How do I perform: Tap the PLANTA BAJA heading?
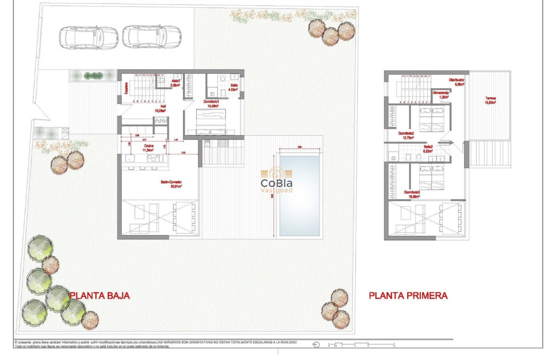tap(99, 295)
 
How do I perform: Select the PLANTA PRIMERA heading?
tap(408, 295)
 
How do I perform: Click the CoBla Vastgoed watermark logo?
tap(276, 180)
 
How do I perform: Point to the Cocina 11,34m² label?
tap(149, 148)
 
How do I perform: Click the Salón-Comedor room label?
tap(171, 184)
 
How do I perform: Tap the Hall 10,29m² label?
tap(163, 108)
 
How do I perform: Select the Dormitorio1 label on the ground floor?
tap(211, 103)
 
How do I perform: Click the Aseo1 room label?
tap(176, 83)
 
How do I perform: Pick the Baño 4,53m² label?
tap(233, 88)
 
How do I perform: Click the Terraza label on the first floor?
tap(490, 100)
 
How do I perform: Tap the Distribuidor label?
tap(456, 82)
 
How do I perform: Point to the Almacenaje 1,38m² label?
tap(441, 95)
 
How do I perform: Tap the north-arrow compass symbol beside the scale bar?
tap(316, 344)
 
